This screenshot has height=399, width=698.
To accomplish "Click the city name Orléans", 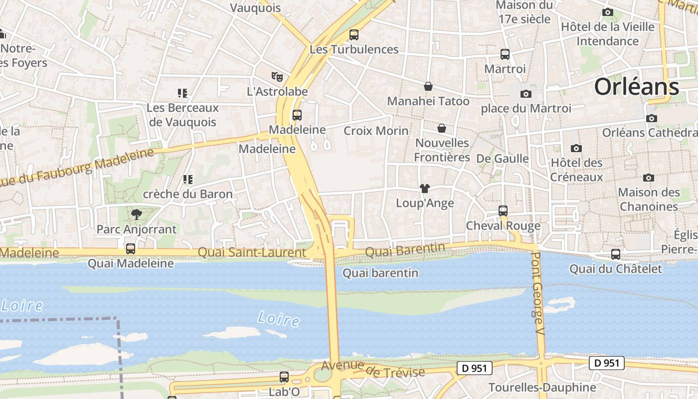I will click(x=636, y=87).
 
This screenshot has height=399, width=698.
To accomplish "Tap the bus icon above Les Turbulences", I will click(x=354, y=35).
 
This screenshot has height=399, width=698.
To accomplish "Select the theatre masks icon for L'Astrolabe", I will click(x=277, y=77).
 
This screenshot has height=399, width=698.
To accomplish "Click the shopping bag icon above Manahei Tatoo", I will click(x=428, y=86).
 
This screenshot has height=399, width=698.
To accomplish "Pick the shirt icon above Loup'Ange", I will click(x=424, y=189).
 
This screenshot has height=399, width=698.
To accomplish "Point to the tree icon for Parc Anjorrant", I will click(x=136, y=214).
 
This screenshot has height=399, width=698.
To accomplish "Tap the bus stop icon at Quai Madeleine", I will click(x=131, y=248).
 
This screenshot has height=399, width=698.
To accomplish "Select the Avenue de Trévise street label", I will click(x=373, y=369).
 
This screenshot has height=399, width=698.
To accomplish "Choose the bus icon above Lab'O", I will click(x=284, y=377).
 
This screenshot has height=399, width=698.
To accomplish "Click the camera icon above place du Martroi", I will click(x=525, y=94).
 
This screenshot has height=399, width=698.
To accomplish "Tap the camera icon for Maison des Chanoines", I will click(x=648, y=178).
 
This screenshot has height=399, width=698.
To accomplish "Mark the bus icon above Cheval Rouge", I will click(x=503, y=211).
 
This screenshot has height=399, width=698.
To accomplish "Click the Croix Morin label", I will click(x=376, y=131).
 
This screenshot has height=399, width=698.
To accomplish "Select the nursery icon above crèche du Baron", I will click(x=187, y=179).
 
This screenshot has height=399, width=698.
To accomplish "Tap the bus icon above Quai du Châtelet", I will click(x=616, y=254).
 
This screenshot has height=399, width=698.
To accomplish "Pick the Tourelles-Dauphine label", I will click(x=542, y=388).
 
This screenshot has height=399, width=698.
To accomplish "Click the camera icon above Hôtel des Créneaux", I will click(x=576, y=148).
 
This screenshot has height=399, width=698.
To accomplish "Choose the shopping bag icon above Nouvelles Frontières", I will click(x=442, y=128).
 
